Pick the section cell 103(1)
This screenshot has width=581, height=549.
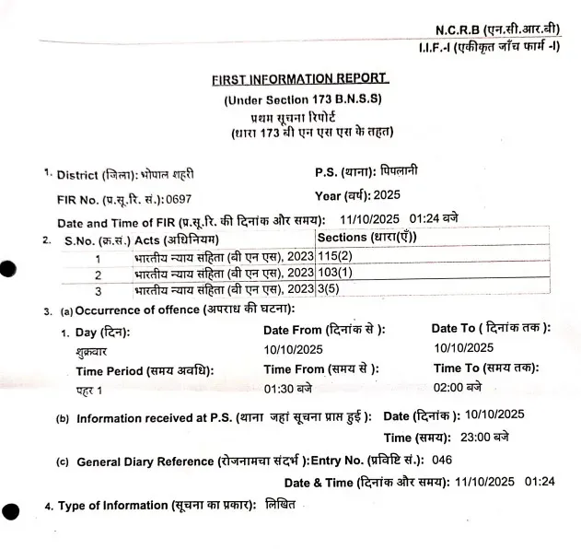tap(336, 273)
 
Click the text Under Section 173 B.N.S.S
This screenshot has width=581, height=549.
tap(303, 99)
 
